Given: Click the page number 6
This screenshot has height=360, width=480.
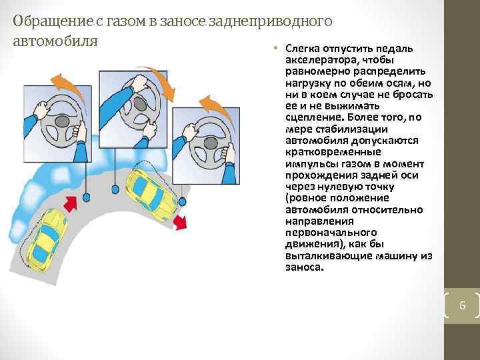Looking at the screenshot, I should point(461,307).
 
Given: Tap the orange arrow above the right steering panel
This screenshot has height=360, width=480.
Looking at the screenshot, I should point(213,104).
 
